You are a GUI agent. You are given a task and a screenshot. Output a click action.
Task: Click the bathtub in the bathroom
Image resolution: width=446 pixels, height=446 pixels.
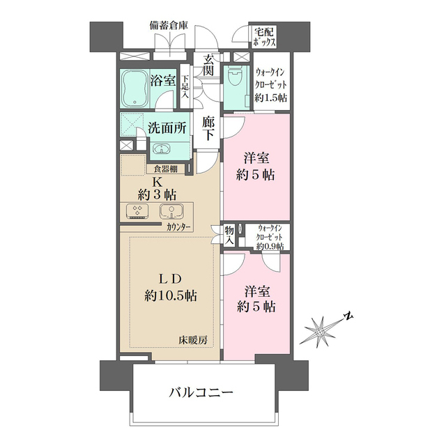pyautogui.click(x=134, y=88)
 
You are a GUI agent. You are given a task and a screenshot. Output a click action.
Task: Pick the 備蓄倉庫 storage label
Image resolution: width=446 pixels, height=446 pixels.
pyautogui.click(x=169, y=26)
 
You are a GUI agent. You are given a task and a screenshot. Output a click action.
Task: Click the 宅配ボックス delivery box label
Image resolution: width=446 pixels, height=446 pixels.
pyautogui.click(x=265, y=37)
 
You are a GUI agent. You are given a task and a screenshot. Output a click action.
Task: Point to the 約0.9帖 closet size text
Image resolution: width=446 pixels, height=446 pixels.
pyautogui.click(x=269, y=246)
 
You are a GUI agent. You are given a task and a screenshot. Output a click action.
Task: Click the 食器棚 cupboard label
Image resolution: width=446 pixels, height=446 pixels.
pyautogui.click(x=165, y=168)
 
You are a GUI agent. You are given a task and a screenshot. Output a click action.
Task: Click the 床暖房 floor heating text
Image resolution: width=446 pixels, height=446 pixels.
pyautogui.click(x=194, y=339)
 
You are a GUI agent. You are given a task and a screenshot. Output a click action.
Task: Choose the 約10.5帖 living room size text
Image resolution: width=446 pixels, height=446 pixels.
pyautogui.click(x=170, y=295)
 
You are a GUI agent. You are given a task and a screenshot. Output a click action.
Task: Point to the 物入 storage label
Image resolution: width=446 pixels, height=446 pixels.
pyautogui.click(x=229, y=235)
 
